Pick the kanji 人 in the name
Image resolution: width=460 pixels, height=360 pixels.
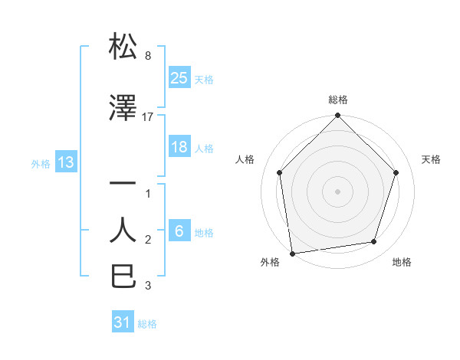point(123,230)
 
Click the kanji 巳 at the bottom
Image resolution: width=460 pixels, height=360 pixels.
point(123,276)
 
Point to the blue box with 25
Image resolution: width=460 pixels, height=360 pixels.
point(179,77)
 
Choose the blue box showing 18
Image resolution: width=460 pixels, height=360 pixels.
point(179,147)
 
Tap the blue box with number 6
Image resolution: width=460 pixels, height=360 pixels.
point(179,231)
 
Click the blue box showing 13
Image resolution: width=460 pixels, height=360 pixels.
point(65,162)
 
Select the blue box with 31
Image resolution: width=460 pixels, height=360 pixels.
point(123,322)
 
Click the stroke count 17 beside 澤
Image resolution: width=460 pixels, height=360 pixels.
point(148,117)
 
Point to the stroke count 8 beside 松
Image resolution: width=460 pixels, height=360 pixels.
point(147,56)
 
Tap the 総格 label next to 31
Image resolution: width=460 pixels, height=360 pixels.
point(147,324)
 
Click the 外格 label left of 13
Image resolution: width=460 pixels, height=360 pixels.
point(41,163)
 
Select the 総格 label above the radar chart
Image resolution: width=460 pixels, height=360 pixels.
point(338,100)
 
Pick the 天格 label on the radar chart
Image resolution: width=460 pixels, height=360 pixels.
point(431,159)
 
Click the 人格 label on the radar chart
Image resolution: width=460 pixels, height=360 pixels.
point(245,159)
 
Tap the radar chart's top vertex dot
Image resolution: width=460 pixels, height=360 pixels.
point(337,116)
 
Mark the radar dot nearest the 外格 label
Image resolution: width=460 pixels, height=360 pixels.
point(292,253)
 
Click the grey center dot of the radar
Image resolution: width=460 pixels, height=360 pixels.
point(337,191)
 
